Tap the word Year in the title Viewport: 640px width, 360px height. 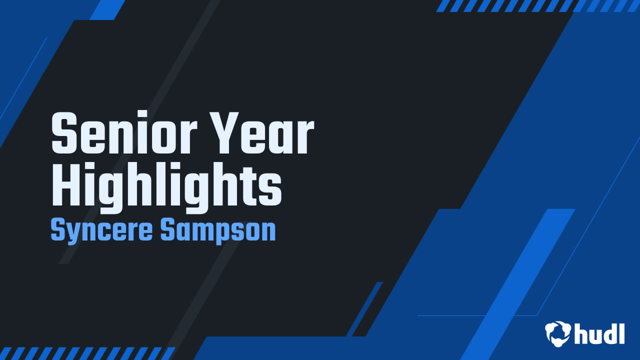pyautogui.click(x=270, y=133)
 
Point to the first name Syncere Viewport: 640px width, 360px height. pyautogui.click(x=102, y=231)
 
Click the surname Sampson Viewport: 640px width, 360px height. pyautogui.click(x=218, y=231)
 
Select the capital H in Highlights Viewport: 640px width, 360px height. pyautogui.click(x=66, y=183)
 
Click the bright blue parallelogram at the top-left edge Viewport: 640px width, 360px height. pyautogui.click(x=107, y=9)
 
